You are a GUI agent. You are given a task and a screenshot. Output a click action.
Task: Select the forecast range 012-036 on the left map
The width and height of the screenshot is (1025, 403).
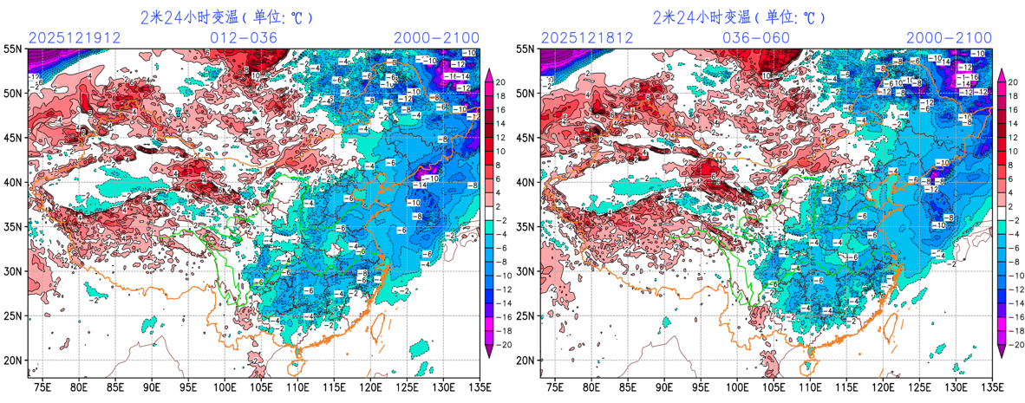point(244,37)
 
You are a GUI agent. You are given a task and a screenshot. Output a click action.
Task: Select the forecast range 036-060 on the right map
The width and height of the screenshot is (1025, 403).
point(756,37)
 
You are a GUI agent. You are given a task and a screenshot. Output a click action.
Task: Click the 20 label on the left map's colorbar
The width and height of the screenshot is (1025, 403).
point(500,81)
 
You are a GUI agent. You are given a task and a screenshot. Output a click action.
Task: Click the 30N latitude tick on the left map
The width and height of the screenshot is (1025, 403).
point(14,271)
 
